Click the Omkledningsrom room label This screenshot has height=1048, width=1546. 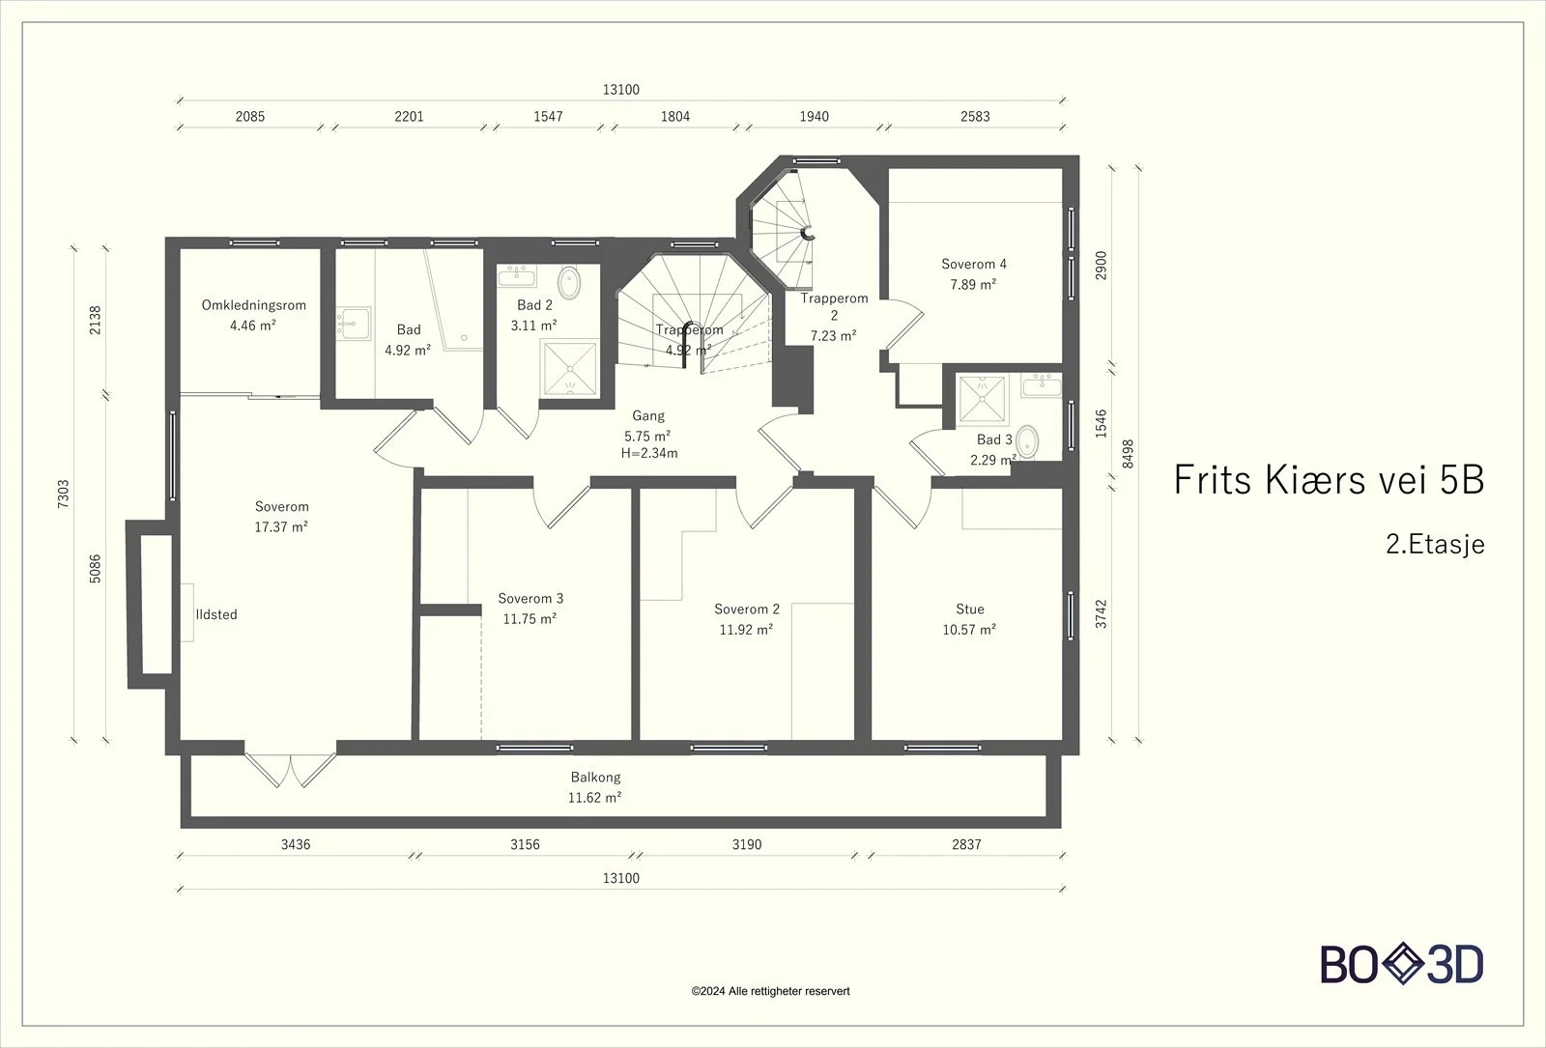point(253,305)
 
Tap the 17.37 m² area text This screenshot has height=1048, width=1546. point(281,527)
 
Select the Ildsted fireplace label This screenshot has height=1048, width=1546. point(216,614)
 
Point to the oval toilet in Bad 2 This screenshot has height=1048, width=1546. point(569,283)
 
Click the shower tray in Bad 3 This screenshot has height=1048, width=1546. point(982,399)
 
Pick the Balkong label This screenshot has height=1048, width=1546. point(595,777)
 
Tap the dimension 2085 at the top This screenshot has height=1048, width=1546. point(250,117)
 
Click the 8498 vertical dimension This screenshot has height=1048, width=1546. point(1128,454)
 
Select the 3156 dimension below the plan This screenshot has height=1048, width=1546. point(525,844)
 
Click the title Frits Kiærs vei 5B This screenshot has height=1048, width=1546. point(1329,479)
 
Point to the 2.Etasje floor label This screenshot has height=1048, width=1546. point(1435,545)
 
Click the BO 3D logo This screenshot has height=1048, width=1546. point(1402,964)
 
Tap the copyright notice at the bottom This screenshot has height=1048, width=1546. point(770,991)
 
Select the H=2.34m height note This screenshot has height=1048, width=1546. point(648,453)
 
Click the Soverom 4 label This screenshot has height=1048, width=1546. point(973,264)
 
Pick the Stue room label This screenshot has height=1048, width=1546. point(970,609)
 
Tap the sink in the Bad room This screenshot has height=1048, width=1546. point(354,323)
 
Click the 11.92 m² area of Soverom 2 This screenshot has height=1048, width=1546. point(746,630)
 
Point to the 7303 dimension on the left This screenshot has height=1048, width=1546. point(64,494)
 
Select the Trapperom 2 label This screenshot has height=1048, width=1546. point(834,306)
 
